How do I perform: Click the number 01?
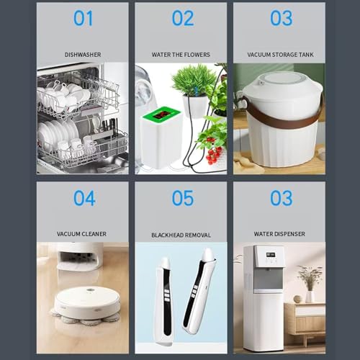point(83,18)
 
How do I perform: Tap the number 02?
point(183,18)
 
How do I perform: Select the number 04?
point(84,198)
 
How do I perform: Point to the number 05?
point(183,198)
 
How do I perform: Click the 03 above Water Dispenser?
point(282,198)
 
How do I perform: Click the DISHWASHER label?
point(83,55)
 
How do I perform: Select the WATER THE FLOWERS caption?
point(181,55)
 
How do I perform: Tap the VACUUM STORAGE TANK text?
point(280,55)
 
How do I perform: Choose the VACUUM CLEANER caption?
point(81,234)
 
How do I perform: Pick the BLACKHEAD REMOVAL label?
point(181,235)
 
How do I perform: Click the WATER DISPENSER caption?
point(279,234)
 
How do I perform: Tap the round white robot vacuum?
point(87,303)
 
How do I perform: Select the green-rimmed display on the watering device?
point(161,114)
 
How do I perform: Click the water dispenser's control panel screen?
point(271,254)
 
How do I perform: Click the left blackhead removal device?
point(164,301)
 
